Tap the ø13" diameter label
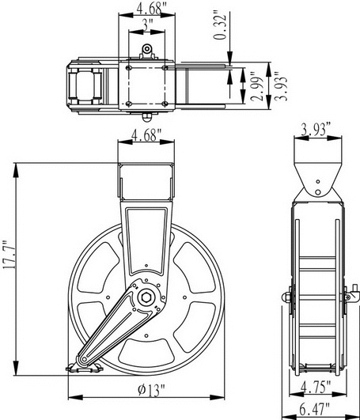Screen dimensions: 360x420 coord(151,390)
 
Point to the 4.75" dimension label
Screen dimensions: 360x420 coord(316,387)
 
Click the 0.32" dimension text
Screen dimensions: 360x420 coord(220,25)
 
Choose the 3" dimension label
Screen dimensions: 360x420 coord(147,26)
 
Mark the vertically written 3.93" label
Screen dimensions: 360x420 coord(281,86)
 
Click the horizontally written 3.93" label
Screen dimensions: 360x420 coord(316,130)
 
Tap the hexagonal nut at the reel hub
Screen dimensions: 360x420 coord(146,297)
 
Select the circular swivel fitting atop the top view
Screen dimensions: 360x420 coord(147,49)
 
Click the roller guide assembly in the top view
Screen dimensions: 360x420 coord(85,85)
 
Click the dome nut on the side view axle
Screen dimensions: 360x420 coord(286,297)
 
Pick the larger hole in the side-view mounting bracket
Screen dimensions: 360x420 coord(318,192)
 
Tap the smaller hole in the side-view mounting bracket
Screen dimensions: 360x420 coord(318,182)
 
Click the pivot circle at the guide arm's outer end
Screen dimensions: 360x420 coord(84,359)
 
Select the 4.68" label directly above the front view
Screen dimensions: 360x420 coord(146,135)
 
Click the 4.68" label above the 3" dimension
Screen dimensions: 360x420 coord(149,9)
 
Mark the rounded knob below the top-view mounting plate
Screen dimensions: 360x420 coord(146,117)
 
